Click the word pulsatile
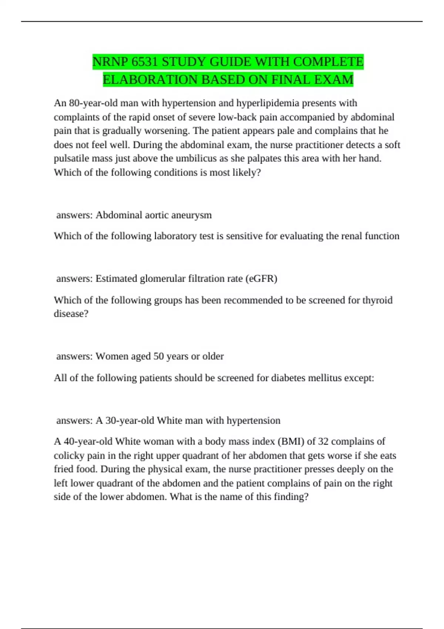tap(71, 158)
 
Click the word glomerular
tap(163, 278)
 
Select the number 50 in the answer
tap(158, 356)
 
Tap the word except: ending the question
tap(359, 378)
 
